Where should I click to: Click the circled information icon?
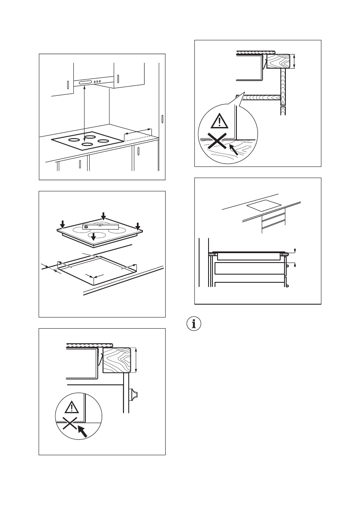coord(195,324)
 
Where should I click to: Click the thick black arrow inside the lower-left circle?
coord(82,430)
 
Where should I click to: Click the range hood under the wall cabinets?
coord(92,82)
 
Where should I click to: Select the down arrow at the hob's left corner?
coord(63,224)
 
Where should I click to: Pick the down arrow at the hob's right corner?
coord(137,226)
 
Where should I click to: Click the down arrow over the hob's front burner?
coord(94,236)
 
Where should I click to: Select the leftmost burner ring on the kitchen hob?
coord(74,139)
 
